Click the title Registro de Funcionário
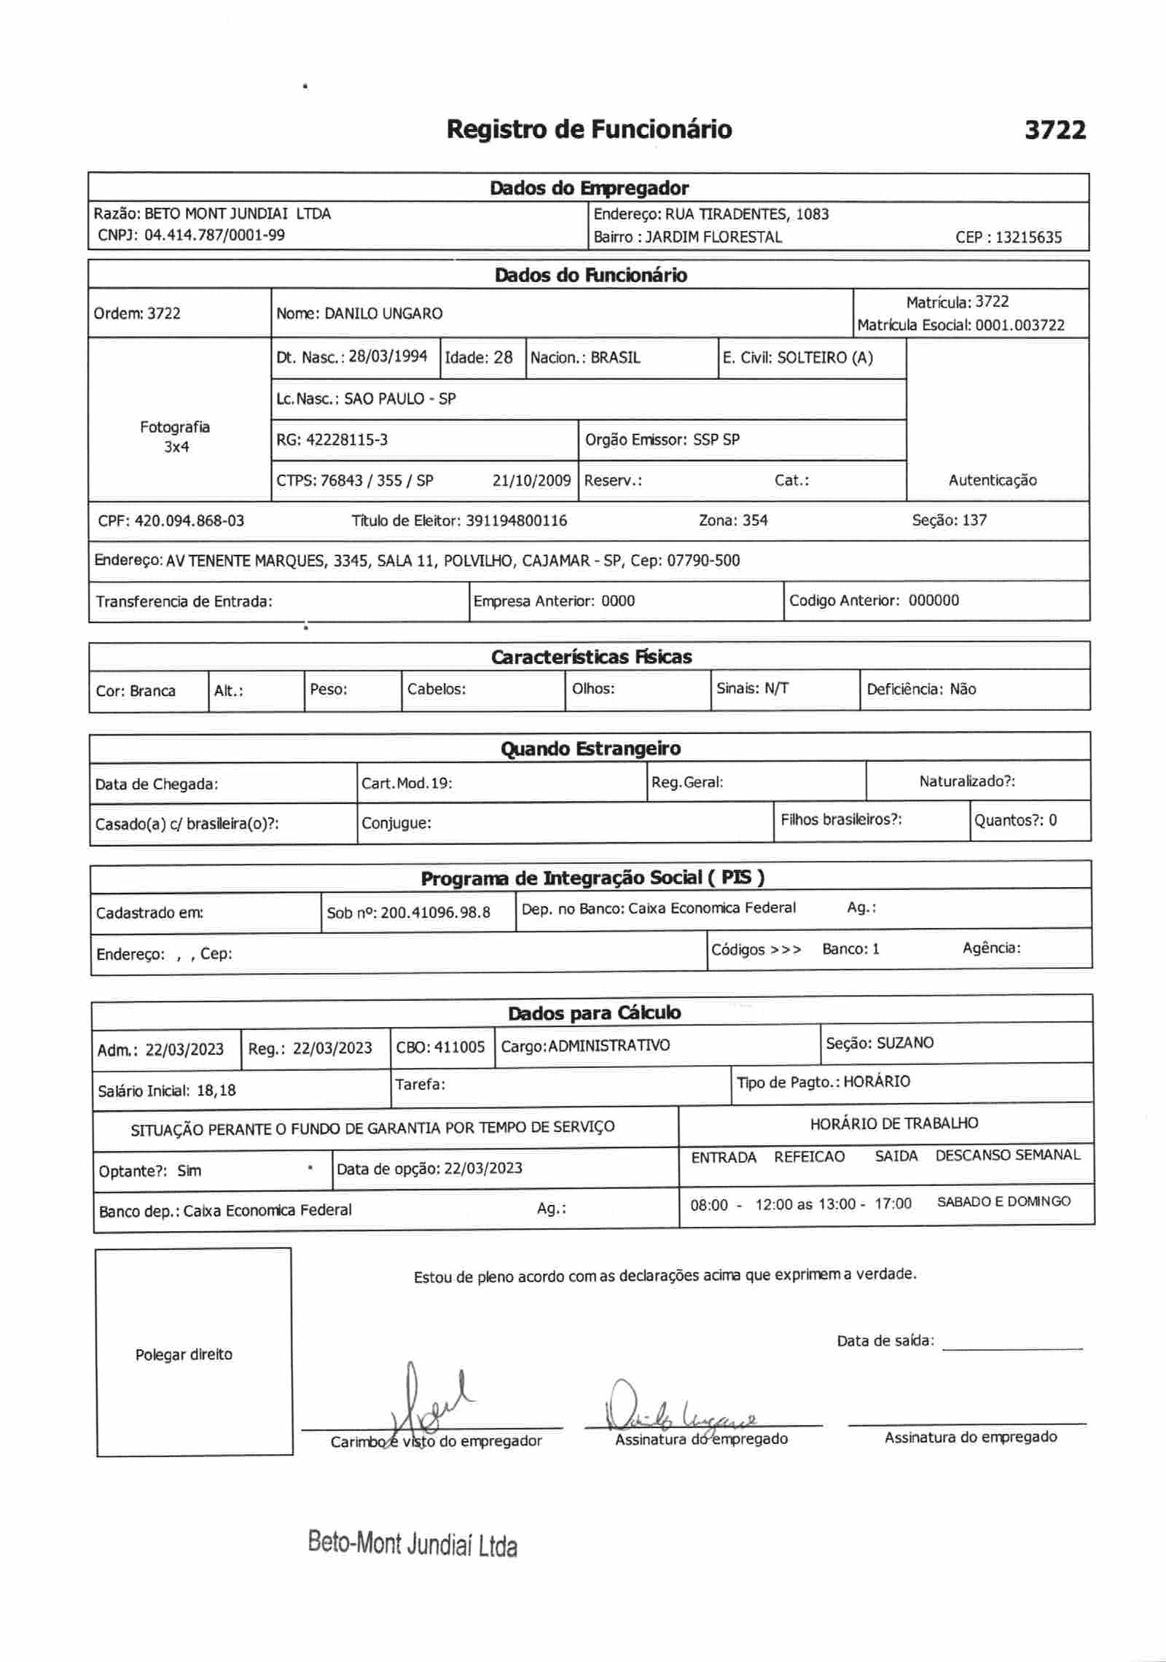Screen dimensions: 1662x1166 [x=589, y=130]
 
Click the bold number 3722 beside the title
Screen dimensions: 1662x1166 [x=1055, y=130]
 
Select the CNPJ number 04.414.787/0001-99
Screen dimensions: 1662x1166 [x=215, y=235]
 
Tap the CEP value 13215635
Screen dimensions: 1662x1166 [x=1029, y=238]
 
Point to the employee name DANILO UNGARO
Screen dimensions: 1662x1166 [x=383, y=314]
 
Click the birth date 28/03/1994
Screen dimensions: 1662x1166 [x=388, y=357]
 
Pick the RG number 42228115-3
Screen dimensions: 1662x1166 [x=347, y=440]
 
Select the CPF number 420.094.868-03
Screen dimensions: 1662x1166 [x=189, y=521]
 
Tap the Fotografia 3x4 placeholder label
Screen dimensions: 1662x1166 [x=175, y=437]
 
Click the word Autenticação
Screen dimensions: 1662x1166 [x=992, y=480]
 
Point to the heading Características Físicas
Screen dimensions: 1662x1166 [x=591, y=658]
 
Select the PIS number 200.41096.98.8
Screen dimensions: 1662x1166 [x=436, y=913]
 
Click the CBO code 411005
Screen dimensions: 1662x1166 [x=459, y=1047]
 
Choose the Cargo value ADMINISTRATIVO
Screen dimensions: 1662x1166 [x=609, y=1046]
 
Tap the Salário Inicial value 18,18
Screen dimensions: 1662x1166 [x=216, y=1091]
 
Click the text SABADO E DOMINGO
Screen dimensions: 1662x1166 [x=1003, y=1201]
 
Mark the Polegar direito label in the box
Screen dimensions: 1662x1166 [x=184, y=1354]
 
